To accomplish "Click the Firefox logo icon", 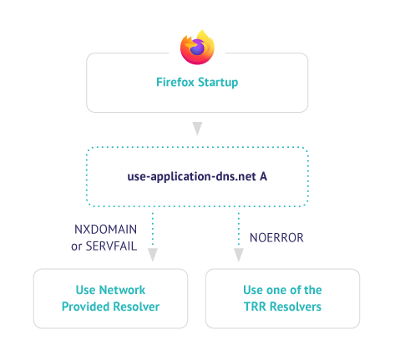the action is click(x=197, y=47).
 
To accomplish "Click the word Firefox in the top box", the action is click(x=175, y=82).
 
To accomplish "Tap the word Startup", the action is click(x=218, y=83).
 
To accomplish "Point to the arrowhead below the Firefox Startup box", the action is click(x=197, y=129).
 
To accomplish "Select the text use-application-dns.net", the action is click(x=191, y=177).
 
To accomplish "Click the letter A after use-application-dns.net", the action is click(x=263, y=176).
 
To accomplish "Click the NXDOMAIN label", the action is click(x=106, y=230).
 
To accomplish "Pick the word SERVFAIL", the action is click(x=111, y=246).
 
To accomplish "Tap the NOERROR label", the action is click(x=276, y=238).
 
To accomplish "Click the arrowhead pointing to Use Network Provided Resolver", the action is click(x=153, y=255).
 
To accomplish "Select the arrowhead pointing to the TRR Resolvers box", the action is click(x=239, y=255).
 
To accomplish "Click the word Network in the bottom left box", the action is click(x=123, y=290).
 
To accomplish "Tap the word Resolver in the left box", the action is click(x=136, y=307).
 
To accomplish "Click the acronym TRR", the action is click(x=255, y=307).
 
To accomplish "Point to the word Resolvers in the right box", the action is click(x=296, y=307).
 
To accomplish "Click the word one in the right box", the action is click(x=276, y=290).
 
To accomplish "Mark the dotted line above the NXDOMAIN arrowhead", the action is click(x=153, y=229).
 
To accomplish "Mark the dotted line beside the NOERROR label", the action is click(x=239, y=229).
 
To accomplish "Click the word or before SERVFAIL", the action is click(x=76, y=246).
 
